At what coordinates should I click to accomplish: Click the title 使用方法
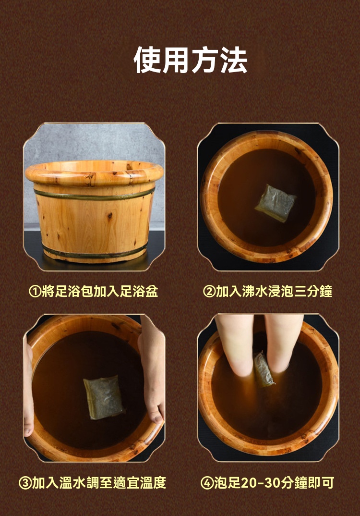(191, 60)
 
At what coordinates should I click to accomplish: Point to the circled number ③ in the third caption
(25, 483)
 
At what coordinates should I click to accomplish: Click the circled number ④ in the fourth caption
(207, 483)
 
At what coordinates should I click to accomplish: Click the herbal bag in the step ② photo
(276, 203)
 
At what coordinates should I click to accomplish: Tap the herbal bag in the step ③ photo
(104, 397)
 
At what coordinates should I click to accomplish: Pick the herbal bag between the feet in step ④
(264, 369)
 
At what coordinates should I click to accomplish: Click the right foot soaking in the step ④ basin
(283, 342)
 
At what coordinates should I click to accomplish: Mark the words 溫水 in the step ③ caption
(72, 483)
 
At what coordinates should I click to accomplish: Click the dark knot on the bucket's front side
(109, 216)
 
